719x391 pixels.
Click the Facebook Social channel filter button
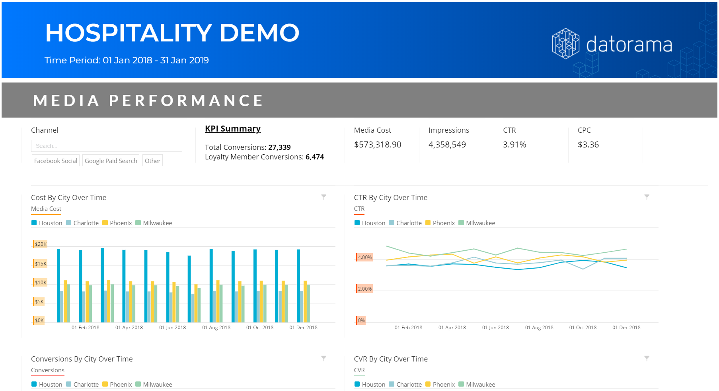coord(56,161)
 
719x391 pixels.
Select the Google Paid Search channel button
coord(111,161)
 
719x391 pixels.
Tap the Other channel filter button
coord(152,161)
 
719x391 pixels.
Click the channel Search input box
coord(106,146)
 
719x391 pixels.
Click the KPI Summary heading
coord(233,129)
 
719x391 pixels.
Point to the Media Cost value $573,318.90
coord(378,145)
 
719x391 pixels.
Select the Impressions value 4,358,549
coord(447,145)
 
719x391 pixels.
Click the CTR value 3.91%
coord(514,145)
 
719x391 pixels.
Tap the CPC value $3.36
coord(588,145)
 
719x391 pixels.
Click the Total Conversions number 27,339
coord(279,147)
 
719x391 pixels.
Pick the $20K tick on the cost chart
coord(41,244)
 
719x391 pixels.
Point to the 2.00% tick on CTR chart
coord(364,289)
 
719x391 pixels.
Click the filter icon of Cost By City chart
coord(324,197)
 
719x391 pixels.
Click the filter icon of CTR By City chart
coord(647,197)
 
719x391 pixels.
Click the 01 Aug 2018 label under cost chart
coord(216,328)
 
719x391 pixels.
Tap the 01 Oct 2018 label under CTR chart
coord(583,328)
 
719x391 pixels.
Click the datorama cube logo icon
coord(565,44)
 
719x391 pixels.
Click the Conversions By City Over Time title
coord(82,359)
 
